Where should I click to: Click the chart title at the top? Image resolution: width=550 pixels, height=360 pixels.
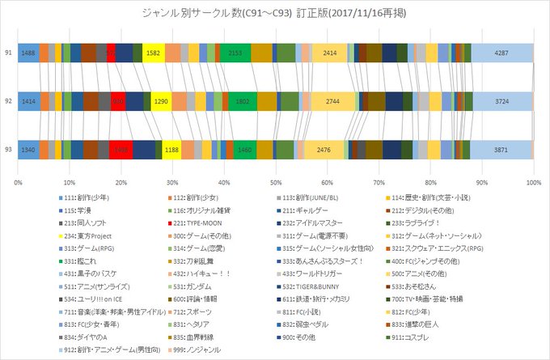pos(275,14)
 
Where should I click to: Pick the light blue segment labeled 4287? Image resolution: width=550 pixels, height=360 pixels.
pos(501,53)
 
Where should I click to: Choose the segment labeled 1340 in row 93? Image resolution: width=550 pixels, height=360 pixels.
pos(27,150)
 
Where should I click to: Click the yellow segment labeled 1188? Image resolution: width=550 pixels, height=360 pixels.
pos(171,150)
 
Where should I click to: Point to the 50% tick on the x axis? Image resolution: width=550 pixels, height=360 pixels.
pos(276,182)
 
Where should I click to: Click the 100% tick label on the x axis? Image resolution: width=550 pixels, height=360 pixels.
pos(532,182)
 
